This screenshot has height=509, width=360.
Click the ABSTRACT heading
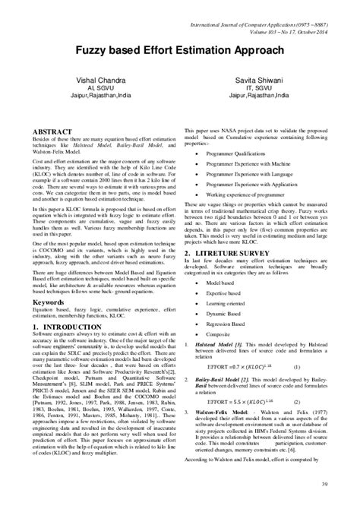52,131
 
